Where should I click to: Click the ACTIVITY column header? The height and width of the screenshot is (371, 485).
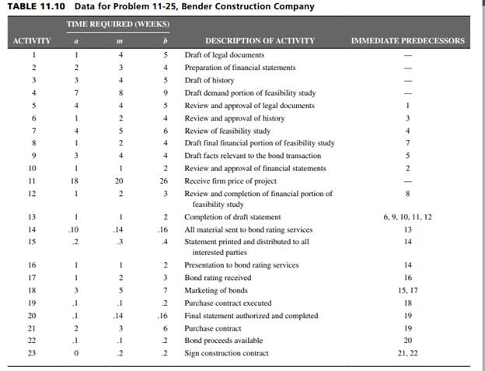(x=32, y=40)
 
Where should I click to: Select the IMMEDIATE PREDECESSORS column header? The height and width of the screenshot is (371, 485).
(x=408, y=40)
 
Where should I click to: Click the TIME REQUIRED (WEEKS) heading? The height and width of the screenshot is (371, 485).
(x=118, y=24)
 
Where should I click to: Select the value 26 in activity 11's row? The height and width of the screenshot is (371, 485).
(x=165, y=180)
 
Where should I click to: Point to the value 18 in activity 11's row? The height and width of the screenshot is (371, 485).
(x=75, y=180)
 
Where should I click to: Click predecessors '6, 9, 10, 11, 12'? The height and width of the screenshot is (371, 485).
(x=408, y=216)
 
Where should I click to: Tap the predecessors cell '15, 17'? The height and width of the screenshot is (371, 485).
(x=408, y=290)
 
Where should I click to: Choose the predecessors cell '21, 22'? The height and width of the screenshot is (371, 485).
(x=408, y=353)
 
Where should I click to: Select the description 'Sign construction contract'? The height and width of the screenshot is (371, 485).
(x=226, y=353)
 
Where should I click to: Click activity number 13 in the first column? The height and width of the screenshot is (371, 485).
(x=32, y=216)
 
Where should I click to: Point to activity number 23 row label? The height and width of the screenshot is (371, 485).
(x=32, y=353)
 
